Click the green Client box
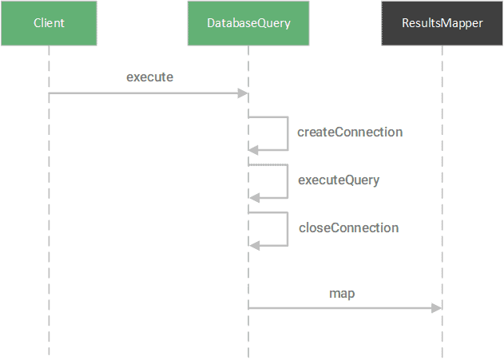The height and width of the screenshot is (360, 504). point(49,23)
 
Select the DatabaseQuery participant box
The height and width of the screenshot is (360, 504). point(248,23)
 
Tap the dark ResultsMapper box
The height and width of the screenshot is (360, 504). point(442,23)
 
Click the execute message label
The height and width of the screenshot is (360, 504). point(149,77)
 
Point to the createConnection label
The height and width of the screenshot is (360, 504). point(350,133)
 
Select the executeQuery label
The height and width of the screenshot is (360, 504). point(339,180)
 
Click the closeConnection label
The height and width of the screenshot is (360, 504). point(348,228)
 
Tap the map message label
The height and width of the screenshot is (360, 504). point(342,294)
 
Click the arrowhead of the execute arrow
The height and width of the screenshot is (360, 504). point(244,93)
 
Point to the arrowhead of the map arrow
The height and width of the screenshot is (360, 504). point(438,308)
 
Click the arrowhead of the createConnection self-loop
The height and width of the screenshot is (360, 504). point(253,149)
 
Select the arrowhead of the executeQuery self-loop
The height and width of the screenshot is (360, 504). point(253,197)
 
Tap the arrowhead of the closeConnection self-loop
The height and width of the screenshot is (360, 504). point(253,245)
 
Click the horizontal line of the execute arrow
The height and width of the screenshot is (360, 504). point(144,93)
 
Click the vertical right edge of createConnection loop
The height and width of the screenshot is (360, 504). point(287,133)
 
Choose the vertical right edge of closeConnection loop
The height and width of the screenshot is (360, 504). point(287,229)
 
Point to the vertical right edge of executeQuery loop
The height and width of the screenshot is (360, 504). point(287,181)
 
